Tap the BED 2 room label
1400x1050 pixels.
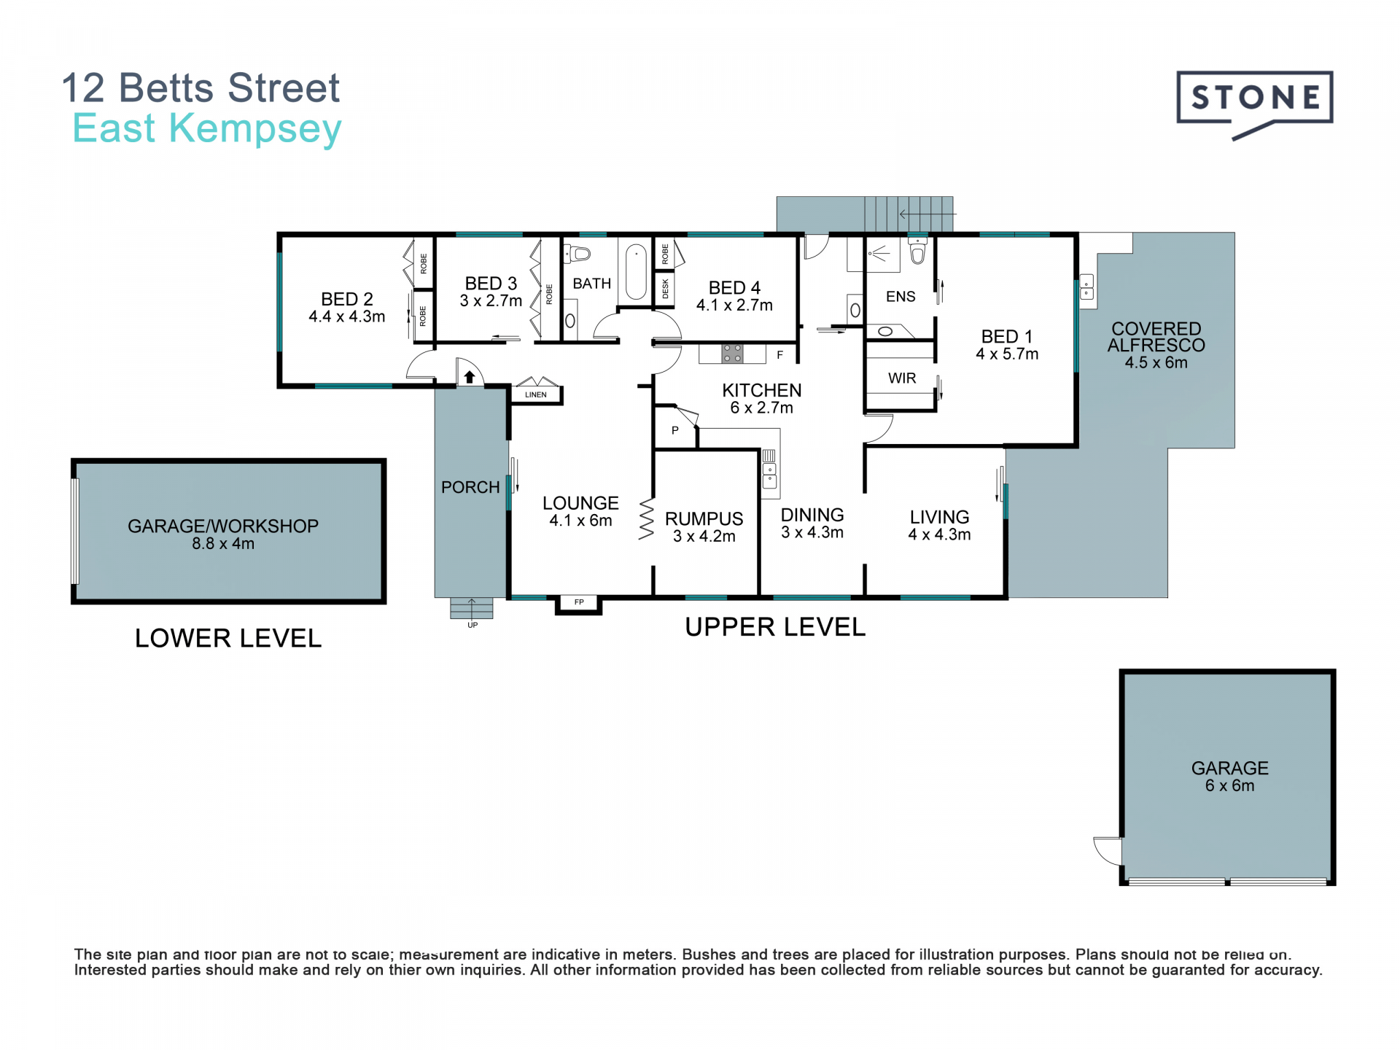347,299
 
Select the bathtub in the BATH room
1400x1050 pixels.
636,272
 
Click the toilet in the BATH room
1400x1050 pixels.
578,254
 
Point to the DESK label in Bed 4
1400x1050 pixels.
665,289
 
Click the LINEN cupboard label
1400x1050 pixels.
536,394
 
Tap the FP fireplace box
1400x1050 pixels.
579,603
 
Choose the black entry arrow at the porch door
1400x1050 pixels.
470,377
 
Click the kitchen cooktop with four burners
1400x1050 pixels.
733,354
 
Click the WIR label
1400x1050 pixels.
902,378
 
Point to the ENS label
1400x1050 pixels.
901,296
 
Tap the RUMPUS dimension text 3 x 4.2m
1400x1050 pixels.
704,536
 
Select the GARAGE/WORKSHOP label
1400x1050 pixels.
223,526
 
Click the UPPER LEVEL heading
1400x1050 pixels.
775,627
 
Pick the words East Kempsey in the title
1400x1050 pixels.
207,129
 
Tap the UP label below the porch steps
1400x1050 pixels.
472,625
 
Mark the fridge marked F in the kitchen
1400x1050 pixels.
780,354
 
